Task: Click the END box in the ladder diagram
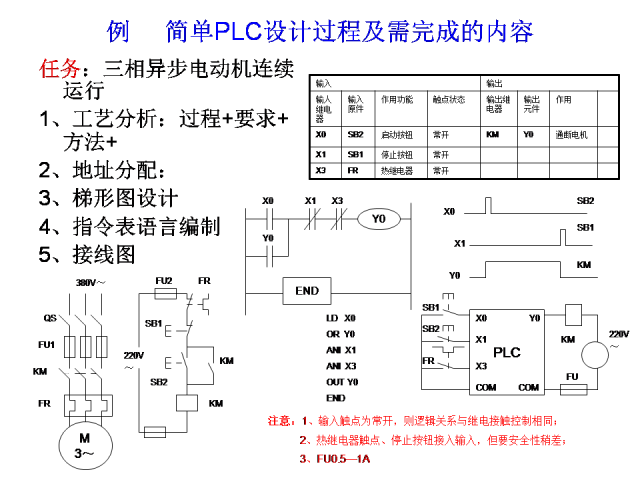tap(307, 291)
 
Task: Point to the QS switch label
tap(49, 317)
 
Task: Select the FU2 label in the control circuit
tap(164, 280)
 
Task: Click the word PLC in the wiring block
tap(507, 352)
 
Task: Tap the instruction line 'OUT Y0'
tap(342, 381)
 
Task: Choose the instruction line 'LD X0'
tap(341, 317)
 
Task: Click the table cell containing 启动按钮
tap(397, 133)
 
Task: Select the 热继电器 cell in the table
tap(397, 171)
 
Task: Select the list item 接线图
tap(99, 254)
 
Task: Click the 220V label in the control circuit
tap(132, 355)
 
